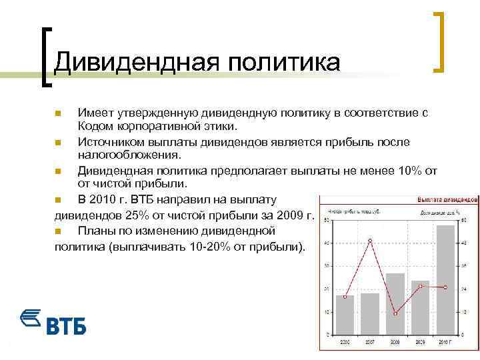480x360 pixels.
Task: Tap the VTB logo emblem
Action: tap(31, 319)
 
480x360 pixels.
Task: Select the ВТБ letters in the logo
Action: tap(67, 326)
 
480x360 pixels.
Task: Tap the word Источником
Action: tap(111, 142)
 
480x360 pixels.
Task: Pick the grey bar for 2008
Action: tap(395, 303)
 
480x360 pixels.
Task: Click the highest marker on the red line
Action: tap(370, 240)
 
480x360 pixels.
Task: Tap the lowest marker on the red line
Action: tap(395, 313)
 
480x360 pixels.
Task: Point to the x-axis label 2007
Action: tap(370, 341)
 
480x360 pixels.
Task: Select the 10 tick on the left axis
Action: tap(325, 311)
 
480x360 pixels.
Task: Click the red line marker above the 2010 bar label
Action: tap(445, 287)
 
